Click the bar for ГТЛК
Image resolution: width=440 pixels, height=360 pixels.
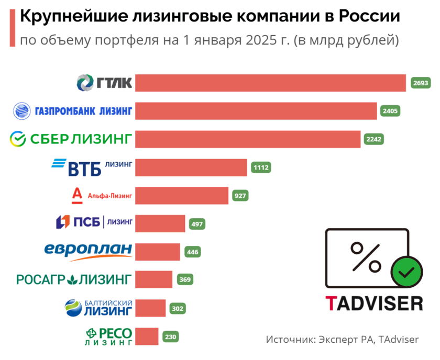tap(270, 83)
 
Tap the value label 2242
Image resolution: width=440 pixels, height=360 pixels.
tap(375, 139)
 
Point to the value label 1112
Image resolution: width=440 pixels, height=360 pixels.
tap(260, 167)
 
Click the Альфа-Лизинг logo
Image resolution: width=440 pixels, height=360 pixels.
tap(103, 195)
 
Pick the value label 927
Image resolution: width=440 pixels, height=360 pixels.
tap(241, 196)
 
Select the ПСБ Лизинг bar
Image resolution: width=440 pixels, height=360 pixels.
tap(160, 223)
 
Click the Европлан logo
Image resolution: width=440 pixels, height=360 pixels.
tap(88, 251)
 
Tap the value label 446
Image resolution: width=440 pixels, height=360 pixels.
tap(193, 252)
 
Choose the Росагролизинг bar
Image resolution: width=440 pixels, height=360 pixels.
tap(153, 279)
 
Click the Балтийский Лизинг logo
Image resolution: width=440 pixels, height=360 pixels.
tap(98, 308)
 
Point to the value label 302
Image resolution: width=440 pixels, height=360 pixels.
tap(178, 309)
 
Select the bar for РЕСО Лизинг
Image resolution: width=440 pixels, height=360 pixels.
tap(147, 336)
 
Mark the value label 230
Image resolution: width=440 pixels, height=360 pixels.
tap(171, 336)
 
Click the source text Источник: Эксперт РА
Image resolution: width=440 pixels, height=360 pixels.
tap(320, 340)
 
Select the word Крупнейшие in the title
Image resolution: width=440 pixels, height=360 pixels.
tap(61, 17)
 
